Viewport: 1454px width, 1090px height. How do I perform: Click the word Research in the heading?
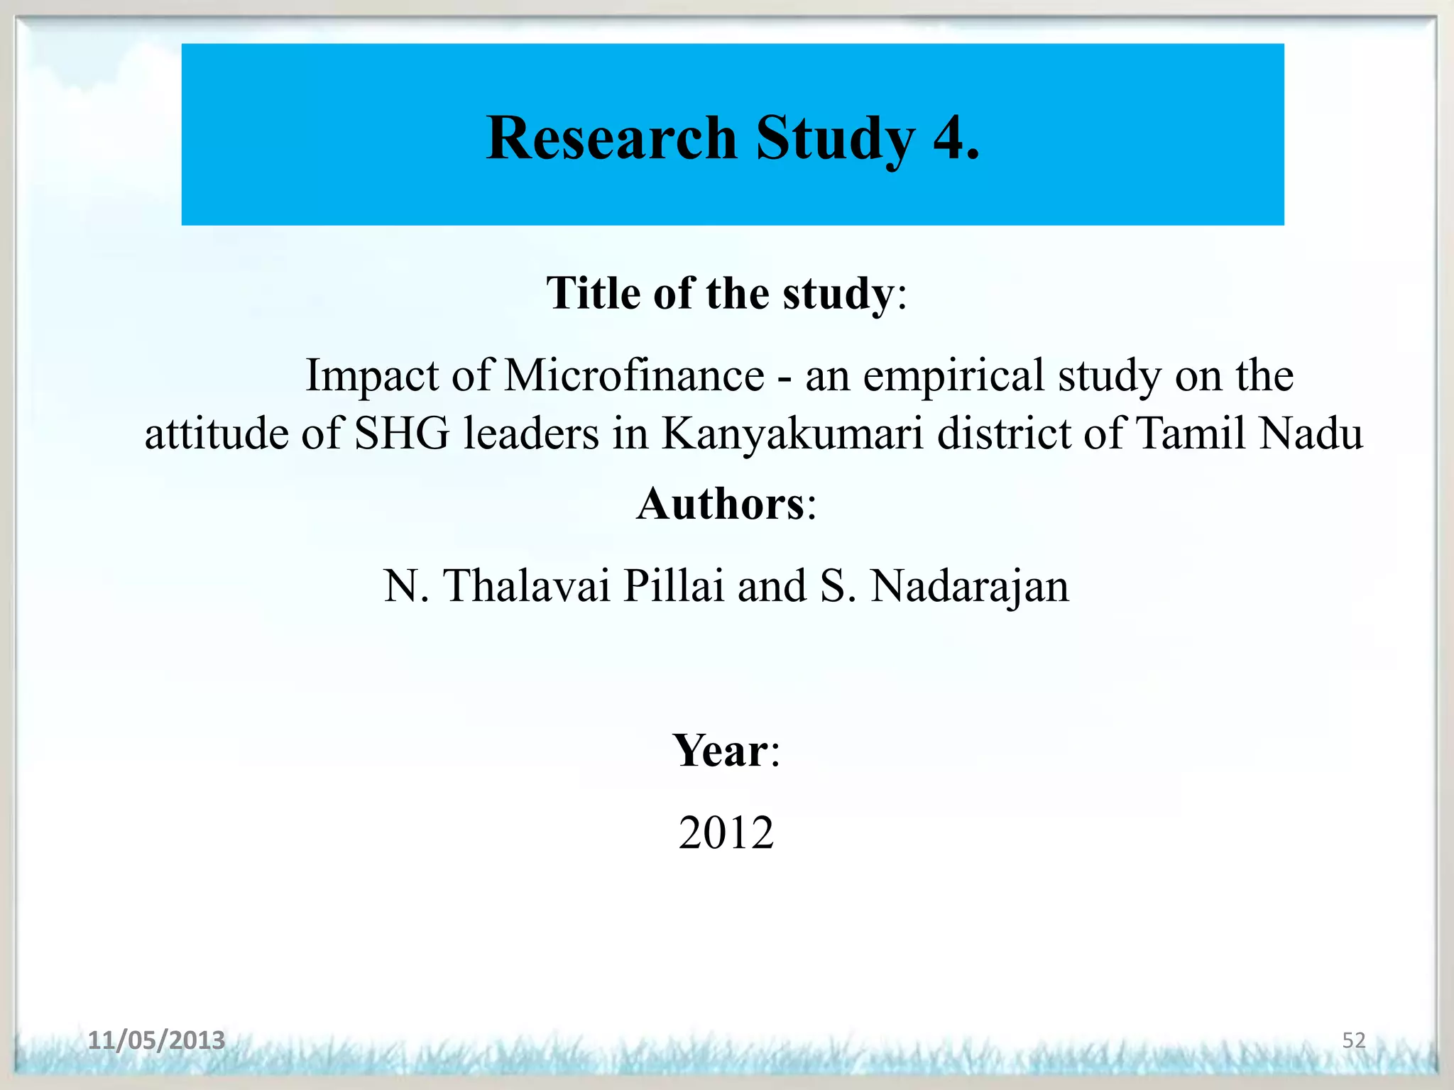611,138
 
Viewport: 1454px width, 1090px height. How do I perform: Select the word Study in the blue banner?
836,139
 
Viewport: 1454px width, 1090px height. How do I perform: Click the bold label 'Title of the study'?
719,293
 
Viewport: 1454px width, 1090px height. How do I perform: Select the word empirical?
953,376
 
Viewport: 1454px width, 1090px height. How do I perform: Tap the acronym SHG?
402,433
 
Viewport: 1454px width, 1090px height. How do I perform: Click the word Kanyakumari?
792,434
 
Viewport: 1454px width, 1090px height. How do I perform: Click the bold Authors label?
720,504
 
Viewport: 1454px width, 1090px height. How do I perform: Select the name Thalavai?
527,586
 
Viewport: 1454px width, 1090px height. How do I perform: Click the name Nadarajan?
969,588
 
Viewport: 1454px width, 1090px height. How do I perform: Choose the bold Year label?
720,751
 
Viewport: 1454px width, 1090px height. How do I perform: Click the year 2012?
726,832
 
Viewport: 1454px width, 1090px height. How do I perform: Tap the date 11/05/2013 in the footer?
156,1040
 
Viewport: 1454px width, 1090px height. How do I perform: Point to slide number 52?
1353,1040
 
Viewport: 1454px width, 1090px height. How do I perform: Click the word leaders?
531,433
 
